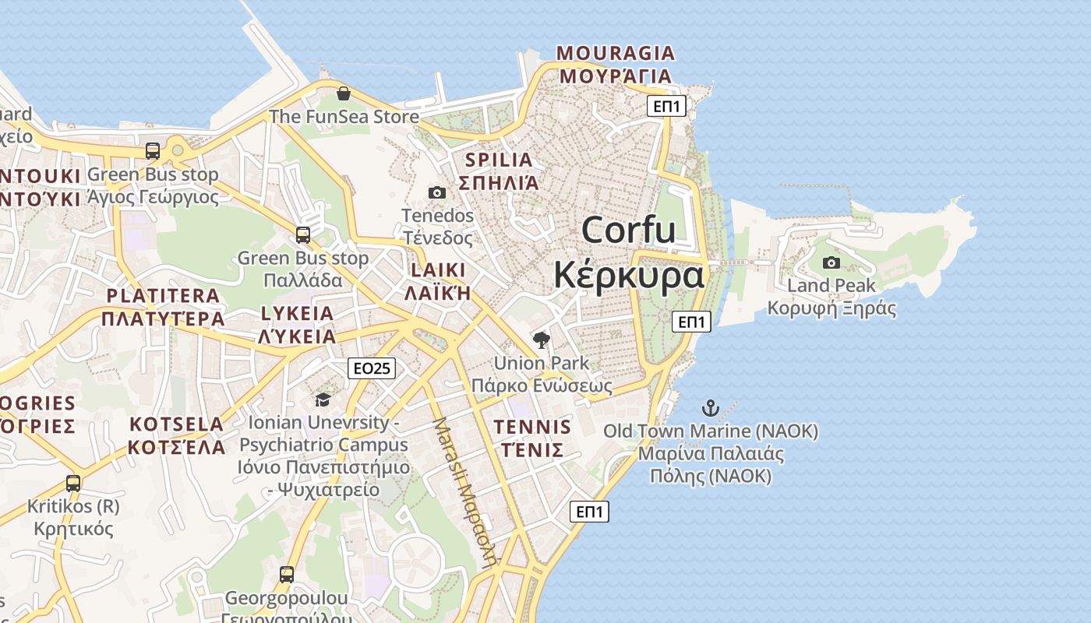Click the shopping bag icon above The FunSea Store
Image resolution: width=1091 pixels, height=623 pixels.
click(x=343, y=94)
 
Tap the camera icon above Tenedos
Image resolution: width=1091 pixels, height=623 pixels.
click(x=437, y=192)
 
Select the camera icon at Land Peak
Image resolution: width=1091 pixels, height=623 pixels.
click(x=831, y=263)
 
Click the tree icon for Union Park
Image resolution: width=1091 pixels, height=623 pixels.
click(x=541, y=340)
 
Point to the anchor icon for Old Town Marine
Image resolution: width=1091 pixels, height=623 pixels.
click(x=710, y=407)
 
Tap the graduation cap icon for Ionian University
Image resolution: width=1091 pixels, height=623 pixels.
click(x=323, y=400)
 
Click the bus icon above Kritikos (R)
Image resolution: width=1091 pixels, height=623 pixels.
click(x=73, y=483)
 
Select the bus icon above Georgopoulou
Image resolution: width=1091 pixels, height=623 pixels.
click(x=287, y=575)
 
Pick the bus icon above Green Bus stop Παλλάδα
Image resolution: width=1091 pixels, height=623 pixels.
click(x=303, y=234)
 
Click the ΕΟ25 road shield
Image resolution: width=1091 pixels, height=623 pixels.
click(x=372, y=368)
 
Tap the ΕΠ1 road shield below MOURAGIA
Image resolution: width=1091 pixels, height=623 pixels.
click(x=666, y=106)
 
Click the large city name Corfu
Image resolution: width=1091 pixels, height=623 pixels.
click(x=628, y=231)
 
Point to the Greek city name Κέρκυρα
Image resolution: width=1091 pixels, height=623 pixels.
click(x=629, y=276)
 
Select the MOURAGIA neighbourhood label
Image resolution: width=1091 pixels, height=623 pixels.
click(x=615, y=53)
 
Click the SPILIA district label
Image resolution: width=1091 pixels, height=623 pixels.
click(x=499, y=160)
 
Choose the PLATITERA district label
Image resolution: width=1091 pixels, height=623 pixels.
click(x=163, y=296)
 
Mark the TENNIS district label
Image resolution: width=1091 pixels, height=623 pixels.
click(x=532, y=427)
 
